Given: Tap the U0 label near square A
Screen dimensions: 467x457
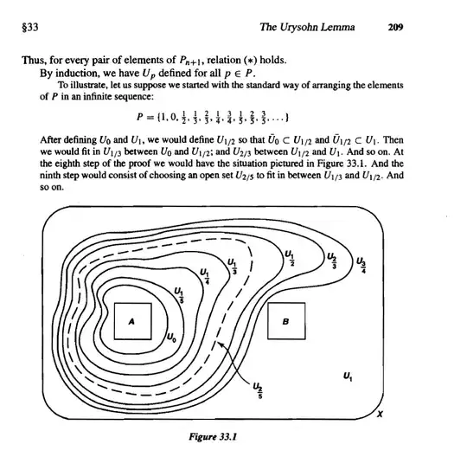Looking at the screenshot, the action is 171,338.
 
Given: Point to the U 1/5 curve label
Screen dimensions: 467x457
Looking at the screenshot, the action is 179,295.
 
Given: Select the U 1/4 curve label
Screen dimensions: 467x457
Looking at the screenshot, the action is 205,276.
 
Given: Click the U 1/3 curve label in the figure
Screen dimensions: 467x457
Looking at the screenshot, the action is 233,267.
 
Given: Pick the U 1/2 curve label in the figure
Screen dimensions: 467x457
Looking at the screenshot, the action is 290,258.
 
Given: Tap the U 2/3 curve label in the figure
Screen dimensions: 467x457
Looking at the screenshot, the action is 332,261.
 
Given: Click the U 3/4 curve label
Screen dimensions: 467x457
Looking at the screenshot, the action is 361,265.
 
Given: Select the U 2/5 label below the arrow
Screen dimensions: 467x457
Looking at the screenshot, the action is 258,390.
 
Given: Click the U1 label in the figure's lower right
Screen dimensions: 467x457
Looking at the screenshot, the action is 348,377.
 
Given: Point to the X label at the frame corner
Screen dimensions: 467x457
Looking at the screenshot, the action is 380,414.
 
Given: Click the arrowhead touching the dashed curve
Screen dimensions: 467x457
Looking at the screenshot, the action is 220,344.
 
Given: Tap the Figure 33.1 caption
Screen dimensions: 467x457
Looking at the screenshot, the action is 213,437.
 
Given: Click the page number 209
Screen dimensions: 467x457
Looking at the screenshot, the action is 395,27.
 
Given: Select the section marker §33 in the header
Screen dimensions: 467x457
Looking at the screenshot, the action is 30,28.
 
